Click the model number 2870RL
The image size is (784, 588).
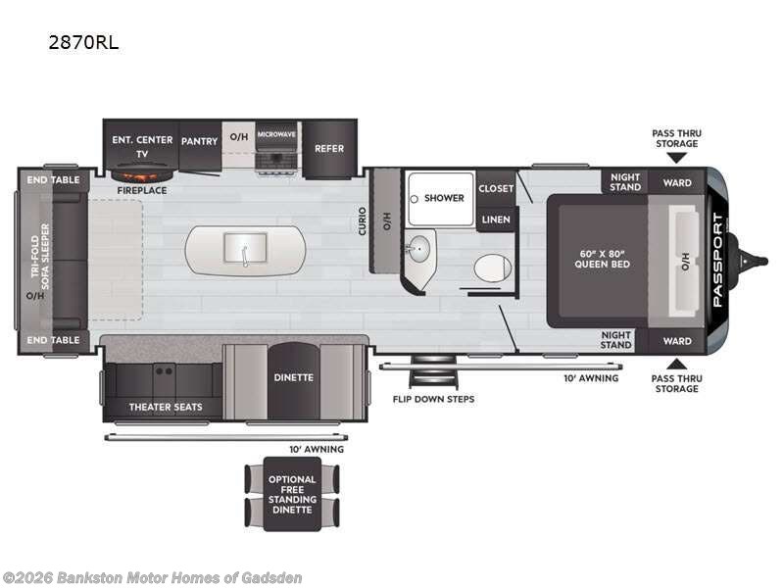pyautogui.click(x=83, y=42)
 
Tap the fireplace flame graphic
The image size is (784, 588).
pyautogui.click(x=142, y=175)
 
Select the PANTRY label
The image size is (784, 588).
pyautogui.click(x=200, y=141)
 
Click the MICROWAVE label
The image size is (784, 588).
pyautogui.click(x=276, y=134)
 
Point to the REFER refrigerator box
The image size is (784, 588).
pyautogui.click(x=329, y=149)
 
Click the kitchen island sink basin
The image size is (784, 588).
pyautogui.click(x=245, y=247)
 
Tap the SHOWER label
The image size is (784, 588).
pyautogui.click(x=444, y=198)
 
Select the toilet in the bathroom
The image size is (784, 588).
pyautogui.click(x=493, y=268)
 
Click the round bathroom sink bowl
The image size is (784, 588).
pyautogui.click(x=417, y=248)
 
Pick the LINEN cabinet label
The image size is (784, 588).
pyautogui.click(x=496, y=220)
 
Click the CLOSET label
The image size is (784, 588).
pyautogui.click(x=496, y=188)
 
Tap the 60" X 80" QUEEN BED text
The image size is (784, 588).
pyautogui.click(x=602, y=259)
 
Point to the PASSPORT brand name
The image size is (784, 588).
pyautogui.click(x=717, y=260)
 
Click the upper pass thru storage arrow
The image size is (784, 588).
pyautogui.click(x=676, y=158)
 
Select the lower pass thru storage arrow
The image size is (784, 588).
pyautogui.click(x=676, y=364)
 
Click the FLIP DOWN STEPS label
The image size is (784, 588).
pyautogui.click(x=433, y=400)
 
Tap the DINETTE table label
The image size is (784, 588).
pyautogui.click(x=293, y=377)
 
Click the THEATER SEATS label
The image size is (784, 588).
pyautogui.click(x=166, y=407)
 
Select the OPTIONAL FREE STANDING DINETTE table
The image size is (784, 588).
pyautogui.click(x=292, y=494)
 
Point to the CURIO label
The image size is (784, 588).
pyautogui.click(x=362, y=221)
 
